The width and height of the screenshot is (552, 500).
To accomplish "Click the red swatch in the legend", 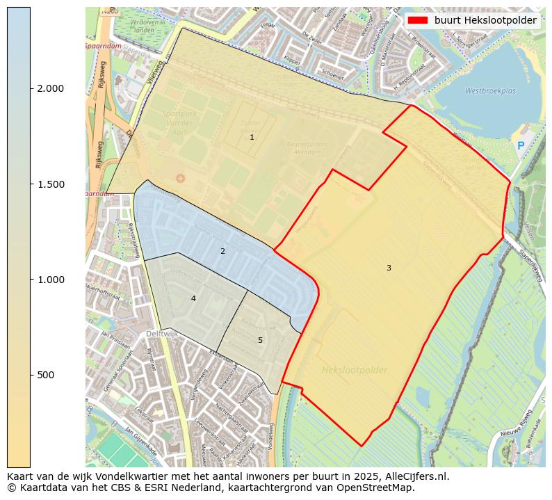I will [x=419, y=20].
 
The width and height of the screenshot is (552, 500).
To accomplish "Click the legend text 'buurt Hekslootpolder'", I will [x=485, y=20].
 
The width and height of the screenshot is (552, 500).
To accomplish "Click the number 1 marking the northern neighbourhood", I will [x=252, y=138].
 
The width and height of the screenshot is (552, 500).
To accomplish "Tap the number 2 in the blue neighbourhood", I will [x=222, y=251].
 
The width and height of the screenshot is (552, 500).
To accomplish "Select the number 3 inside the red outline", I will [x=389, y=268].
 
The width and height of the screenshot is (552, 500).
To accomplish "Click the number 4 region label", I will [x=193, y=298].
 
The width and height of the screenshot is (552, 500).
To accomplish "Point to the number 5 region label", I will [x=260, y=340].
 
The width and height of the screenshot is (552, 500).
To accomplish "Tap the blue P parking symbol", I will [x=521, y=146].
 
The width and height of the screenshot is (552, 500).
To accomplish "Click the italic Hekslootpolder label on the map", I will [x=355, y=370].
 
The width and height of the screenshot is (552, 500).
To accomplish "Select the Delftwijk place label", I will [x=163, y=334].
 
